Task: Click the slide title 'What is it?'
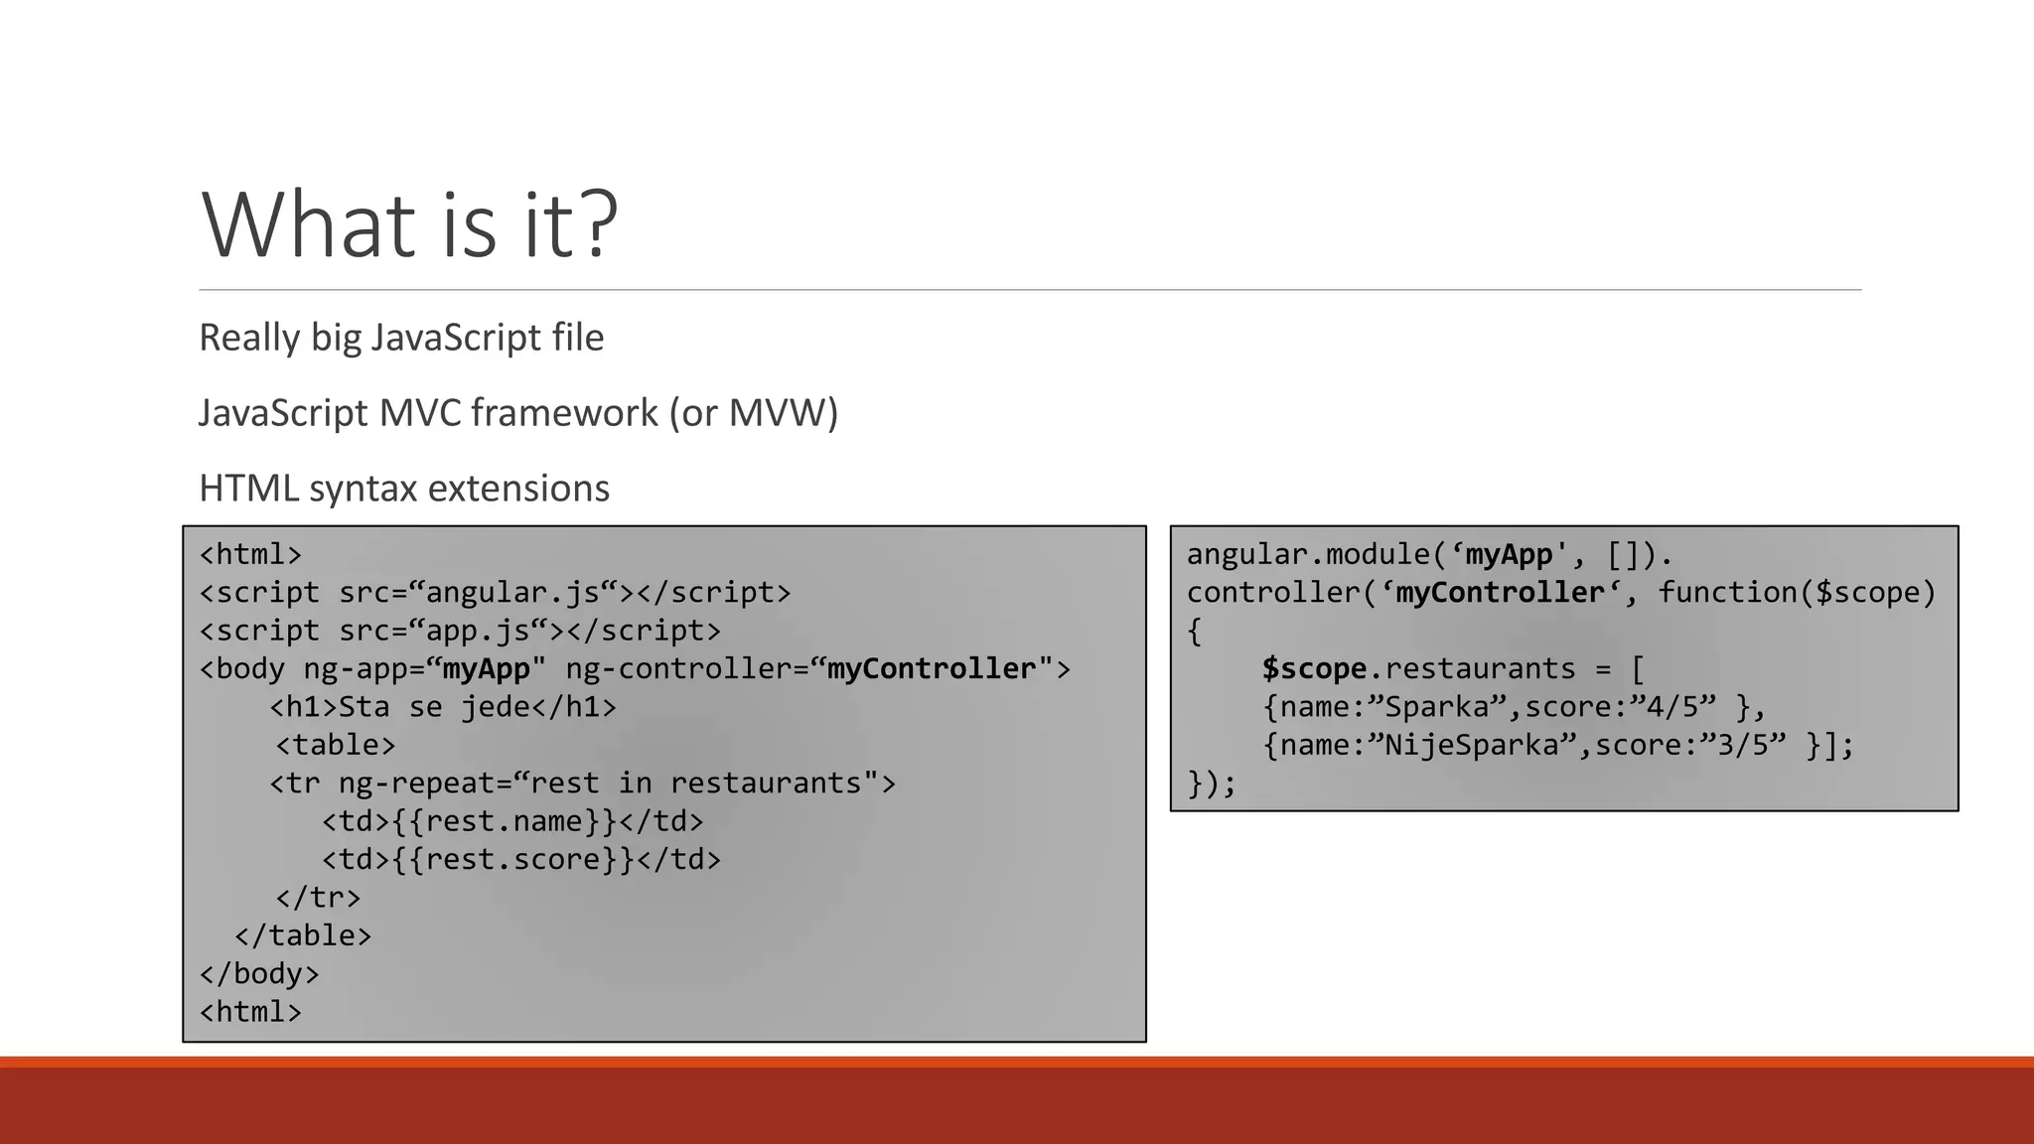point(409,225)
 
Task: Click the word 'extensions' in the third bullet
point(518,489)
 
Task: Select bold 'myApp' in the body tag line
point(486,669)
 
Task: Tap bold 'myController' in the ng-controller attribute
point(932,669)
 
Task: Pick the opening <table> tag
point(336,745)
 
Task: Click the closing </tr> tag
point(318,898)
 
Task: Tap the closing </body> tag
point(259,974)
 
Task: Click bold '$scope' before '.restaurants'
point(1314,669)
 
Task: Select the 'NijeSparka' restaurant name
point(1471,746)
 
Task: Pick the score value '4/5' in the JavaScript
point(1680,707)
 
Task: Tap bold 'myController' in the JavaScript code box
point(1500,593)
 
